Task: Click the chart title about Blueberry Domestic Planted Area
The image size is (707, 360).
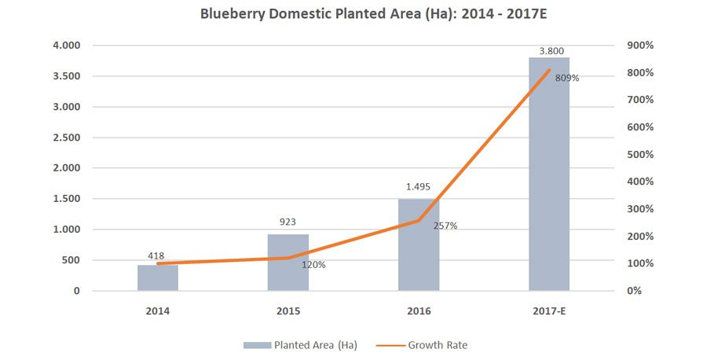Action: (x=353, y=14)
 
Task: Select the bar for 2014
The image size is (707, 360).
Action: (x=158, y=277)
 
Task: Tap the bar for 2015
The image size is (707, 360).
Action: (x=288, y=263)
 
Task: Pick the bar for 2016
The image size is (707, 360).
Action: (x=419, y=244)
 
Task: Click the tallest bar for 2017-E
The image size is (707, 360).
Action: (x=549, y=174)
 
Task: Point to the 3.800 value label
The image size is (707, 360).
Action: (x=549, y=51)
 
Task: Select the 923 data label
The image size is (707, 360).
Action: (x=288, y=222)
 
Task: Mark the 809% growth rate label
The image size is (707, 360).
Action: (x=566, y=78)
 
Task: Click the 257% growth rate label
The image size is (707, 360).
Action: (x=445, y=226)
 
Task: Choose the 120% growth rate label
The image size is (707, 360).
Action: (x=313, y=265)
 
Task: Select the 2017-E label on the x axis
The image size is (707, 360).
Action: (x=549, y=310)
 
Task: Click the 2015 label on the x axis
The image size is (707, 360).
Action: (x=288, y=310)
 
